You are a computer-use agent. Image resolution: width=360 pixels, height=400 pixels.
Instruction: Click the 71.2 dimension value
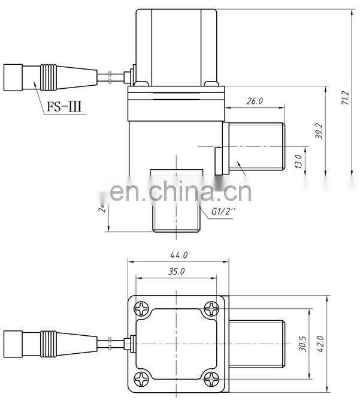[x=344, y=99]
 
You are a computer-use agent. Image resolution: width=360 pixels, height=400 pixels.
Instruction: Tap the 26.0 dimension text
[x=255, y=101]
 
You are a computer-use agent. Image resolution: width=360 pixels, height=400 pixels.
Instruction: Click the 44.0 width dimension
[x=178, y=255]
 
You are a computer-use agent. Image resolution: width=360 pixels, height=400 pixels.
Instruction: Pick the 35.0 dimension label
[x=177, y=271]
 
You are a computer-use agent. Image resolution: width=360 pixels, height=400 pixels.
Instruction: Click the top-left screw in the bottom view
[x=142, y=309]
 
